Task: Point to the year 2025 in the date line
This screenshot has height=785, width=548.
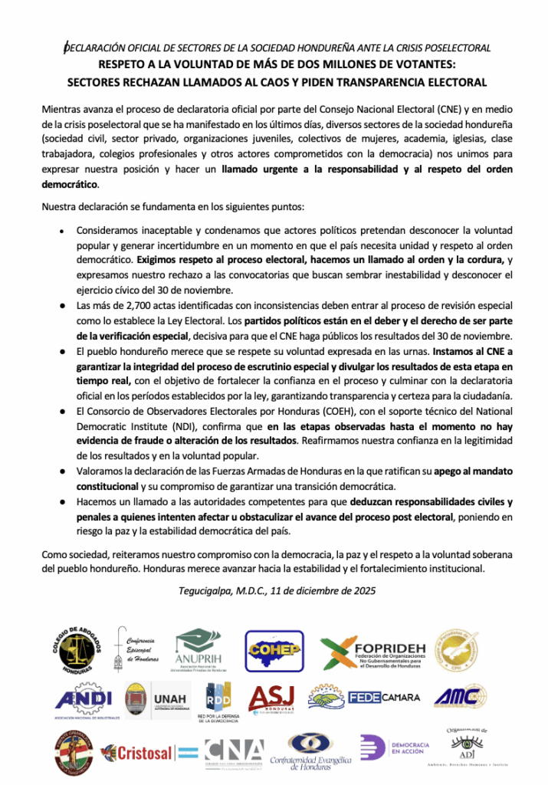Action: click(x=357, y=591)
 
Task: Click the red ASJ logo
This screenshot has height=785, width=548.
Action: click(x=271, y=699)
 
